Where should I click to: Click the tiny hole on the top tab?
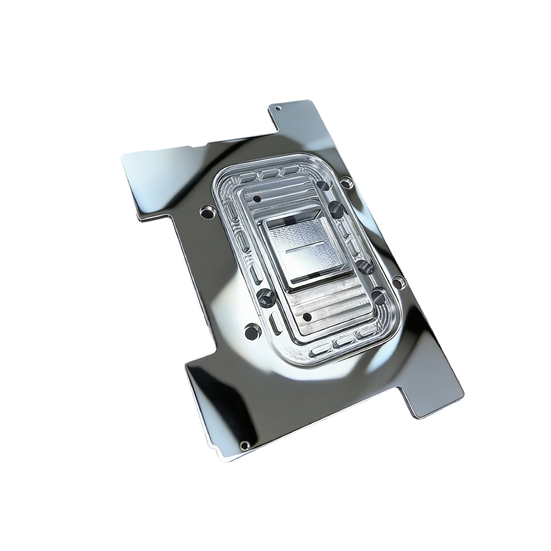click(x=278, y=108)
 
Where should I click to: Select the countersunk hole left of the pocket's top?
click(x=207, y=210)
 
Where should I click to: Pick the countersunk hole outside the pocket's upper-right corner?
click(x=345, y=182)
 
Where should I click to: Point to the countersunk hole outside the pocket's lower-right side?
click(x=398, y=283)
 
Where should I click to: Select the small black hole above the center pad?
click(x=257, y=197)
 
